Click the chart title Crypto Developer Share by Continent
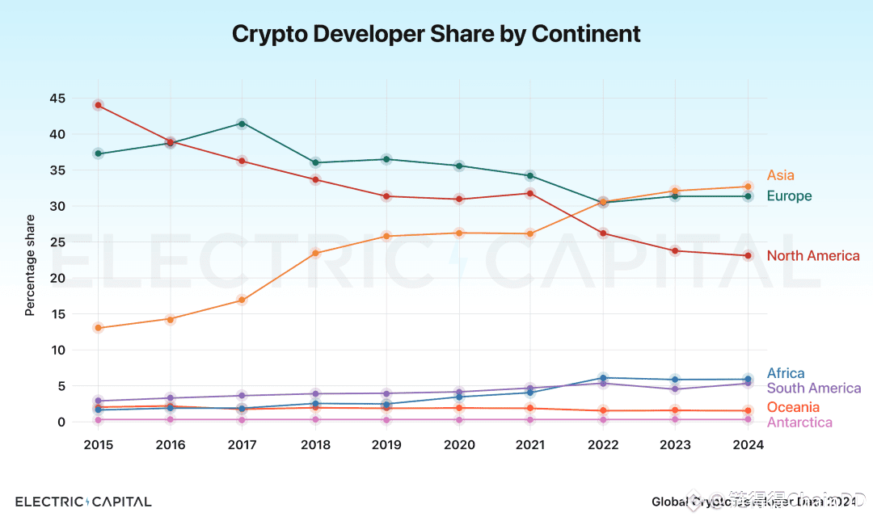pyautogui.click(x=436, y=34)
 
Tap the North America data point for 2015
pyautogui.click(x=98, y=105)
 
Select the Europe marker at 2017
pyautogui.click(x=242, y=124)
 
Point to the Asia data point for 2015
pyautogui.click(x=98, y=328)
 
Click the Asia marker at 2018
pyautogui.click(x=314, y=254)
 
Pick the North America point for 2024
pyautogui.click(x=748, y=256)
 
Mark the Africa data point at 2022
pyautogui.click(x=603, y=378)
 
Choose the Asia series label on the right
pyautogui.click(x=780, y=175)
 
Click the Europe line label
pyautogui.click(x=789, y=196)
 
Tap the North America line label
pyautogui.click(x=812, y=256)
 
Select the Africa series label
pyautogui.click(x=785, y=373)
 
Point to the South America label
pyautogui.click(x=813, y=389)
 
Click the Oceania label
pyautogui.click(x=792, y=407)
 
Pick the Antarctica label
pyautogui.click(x=799, y=422)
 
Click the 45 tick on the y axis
pyautogui.click(x=57, y=99)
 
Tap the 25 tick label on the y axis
pyautogui.click(x=57, y=242)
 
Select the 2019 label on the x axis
pyautogui.click(x=386, y=445)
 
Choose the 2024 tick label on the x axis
pyautogui.click(x=748, y=445)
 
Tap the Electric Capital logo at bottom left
pyautogui.click(x=83, y=502)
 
